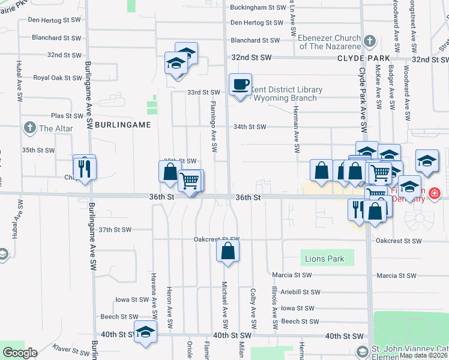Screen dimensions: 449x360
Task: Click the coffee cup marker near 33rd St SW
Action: pos(240,85)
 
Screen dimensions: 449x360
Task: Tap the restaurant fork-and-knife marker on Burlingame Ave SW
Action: pos(85,168)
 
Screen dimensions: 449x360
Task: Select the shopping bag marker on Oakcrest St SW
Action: pos(228,251)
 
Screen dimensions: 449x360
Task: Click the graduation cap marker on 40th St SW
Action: pos(145,332)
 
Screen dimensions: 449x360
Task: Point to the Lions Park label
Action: pos(325,259)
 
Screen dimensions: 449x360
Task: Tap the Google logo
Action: pos(20,353)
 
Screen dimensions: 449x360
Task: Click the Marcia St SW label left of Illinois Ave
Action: pos(292,275)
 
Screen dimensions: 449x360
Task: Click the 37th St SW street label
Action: pos(115,230)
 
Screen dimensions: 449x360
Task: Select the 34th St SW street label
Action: pos(249,127)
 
